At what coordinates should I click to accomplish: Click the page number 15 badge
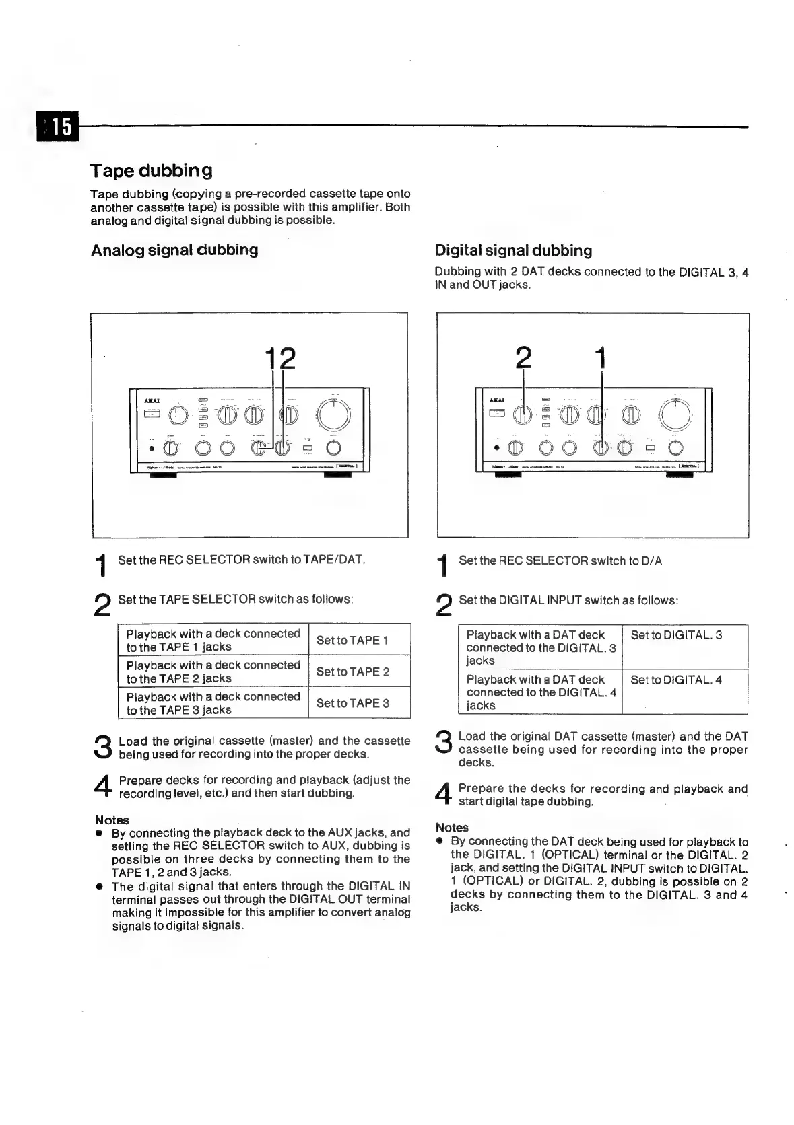59,126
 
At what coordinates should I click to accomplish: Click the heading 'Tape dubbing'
152,170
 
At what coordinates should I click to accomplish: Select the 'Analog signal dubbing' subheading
174,250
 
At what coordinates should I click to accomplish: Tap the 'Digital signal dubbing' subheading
513,251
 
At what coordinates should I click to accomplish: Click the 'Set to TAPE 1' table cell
352,640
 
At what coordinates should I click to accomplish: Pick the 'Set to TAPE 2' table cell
352,672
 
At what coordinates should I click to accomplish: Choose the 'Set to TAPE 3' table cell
352,703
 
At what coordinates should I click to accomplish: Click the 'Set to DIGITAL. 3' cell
676,635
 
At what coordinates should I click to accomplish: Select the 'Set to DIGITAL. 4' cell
676,680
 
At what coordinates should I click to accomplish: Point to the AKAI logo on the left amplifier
152,401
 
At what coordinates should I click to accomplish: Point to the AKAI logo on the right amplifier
497,400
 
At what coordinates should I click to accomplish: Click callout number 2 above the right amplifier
523,358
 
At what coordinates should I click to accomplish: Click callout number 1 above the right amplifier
601,358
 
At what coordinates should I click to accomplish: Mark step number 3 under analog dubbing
103,747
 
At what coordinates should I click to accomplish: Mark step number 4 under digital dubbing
443,795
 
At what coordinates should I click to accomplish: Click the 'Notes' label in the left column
112,820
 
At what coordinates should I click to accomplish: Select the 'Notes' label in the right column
452,828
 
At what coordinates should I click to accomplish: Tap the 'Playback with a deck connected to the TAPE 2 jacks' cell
213,672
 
